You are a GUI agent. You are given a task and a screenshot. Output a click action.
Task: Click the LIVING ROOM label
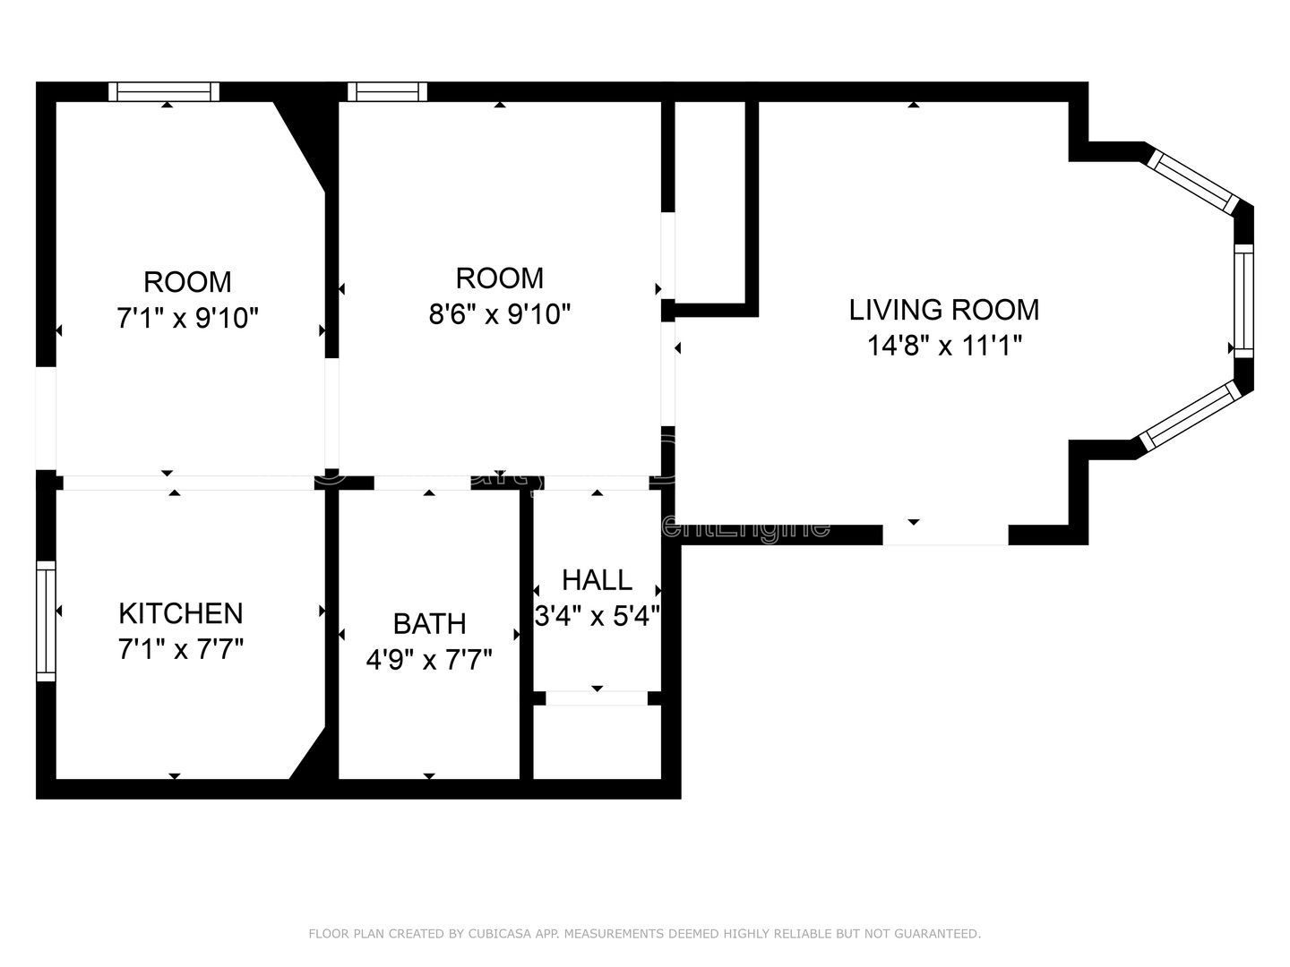(944, 310)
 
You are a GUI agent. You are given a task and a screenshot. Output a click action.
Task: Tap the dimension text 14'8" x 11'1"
(944, 346)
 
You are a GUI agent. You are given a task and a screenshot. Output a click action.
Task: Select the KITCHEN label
(181, 613)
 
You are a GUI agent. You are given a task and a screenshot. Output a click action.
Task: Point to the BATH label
(429, 623)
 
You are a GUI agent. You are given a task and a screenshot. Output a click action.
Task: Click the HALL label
(597, 580)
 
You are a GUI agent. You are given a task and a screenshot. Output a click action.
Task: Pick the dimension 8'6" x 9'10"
(500, 314)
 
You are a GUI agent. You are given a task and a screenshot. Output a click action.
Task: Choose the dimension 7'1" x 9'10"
(188, 318)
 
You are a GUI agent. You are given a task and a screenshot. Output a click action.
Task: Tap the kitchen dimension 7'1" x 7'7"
(181, 649)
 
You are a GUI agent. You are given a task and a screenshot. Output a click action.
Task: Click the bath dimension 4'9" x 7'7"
(429, 660)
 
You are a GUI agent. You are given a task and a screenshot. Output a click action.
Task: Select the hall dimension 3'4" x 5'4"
(597, 616)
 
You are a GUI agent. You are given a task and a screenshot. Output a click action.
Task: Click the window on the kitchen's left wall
(46, 620)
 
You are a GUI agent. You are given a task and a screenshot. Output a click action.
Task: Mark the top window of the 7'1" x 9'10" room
(164, 91)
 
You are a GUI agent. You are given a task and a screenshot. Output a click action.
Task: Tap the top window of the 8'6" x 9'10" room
(387, 91)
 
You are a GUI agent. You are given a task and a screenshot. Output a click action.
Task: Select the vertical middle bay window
(1243, 301)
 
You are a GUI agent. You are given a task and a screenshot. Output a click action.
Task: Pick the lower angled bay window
(1190, 415)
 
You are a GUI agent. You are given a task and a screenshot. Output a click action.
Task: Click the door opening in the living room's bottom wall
(945, 535)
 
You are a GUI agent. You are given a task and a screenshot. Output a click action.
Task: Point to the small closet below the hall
(597, 742)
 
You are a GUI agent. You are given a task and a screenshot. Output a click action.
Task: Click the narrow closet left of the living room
(709, 201)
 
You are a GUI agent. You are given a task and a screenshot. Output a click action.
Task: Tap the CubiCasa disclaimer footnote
(644, 934)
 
